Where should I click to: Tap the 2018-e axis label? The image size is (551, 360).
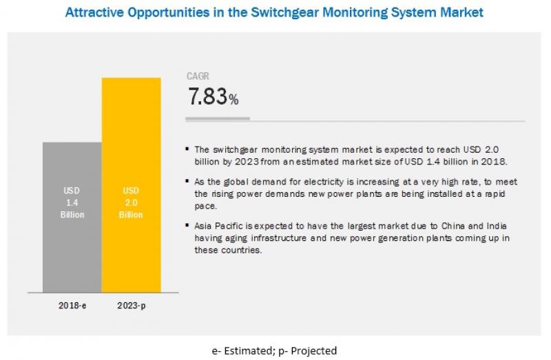pos(72,304)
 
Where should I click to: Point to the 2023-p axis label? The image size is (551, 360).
pos(131,304)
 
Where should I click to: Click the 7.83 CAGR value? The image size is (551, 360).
pos(207,98)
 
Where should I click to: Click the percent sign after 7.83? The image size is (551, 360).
pos(234,100)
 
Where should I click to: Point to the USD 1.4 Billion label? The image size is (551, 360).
pos(72,202)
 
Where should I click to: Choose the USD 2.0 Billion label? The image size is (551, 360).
pos(131,202)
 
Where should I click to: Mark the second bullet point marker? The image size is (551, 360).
pos(189,182)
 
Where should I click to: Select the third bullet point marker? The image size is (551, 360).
pos(189,226)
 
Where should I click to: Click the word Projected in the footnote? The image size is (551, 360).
pos(314,351)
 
